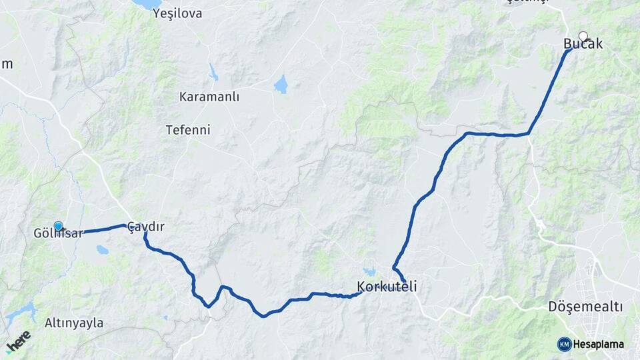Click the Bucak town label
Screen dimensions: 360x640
click(583, 45)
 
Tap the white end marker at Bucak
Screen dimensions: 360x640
click(583, 37)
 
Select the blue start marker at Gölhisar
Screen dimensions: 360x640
click(58, 226)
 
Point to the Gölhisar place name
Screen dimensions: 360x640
click(59, 233)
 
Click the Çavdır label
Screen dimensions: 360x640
click(145, 227)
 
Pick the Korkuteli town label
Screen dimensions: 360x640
click(387, 287)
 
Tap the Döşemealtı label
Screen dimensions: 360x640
click(585, 307)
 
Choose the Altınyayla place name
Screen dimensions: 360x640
click(74, 323)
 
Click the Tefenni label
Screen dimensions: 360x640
click(188, 130)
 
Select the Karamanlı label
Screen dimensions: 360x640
click(209, 97)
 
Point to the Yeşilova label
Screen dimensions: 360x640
click(177, 13)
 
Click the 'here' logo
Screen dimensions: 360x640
click(18, 342)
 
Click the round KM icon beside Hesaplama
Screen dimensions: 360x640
click(564, 344)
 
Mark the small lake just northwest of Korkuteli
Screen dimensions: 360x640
click(369, 272)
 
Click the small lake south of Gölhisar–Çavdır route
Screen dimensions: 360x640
click(102, 250)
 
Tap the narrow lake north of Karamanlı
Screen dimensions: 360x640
click(213, 72)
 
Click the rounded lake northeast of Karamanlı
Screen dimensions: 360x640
click(281, 85)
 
